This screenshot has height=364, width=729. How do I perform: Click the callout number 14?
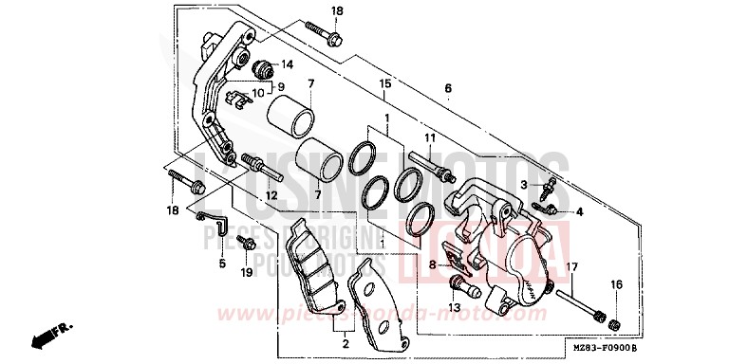click(x=288, y=64)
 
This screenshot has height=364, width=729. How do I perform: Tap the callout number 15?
click(x=383, y=83)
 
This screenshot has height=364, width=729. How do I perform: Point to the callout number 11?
click(x=430, y=138)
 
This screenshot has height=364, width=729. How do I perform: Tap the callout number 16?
click(x=616, y=284)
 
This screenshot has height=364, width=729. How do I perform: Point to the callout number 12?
click(x=271, y=195)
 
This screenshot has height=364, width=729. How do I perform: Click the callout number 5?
click(x=222, y=264)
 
